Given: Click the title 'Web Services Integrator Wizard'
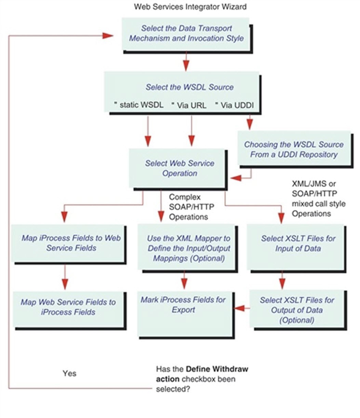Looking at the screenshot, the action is coord(190,7).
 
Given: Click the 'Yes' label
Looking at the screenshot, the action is coord(69,373).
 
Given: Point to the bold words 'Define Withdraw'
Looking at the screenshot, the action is coord(217,369).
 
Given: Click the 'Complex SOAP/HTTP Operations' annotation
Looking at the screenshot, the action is coord(191,207).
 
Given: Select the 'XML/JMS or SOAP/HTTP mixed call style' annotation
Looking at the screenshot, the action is coord(319,199).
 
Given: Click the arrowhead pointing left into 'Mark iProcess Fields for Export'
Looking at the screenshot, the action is coord(239,308).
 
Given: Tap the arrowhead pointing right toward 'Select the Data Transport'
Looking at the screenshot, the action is coord(107,36).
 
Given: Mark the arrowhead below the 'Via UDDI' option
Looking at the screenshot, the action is coord(250,124).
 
